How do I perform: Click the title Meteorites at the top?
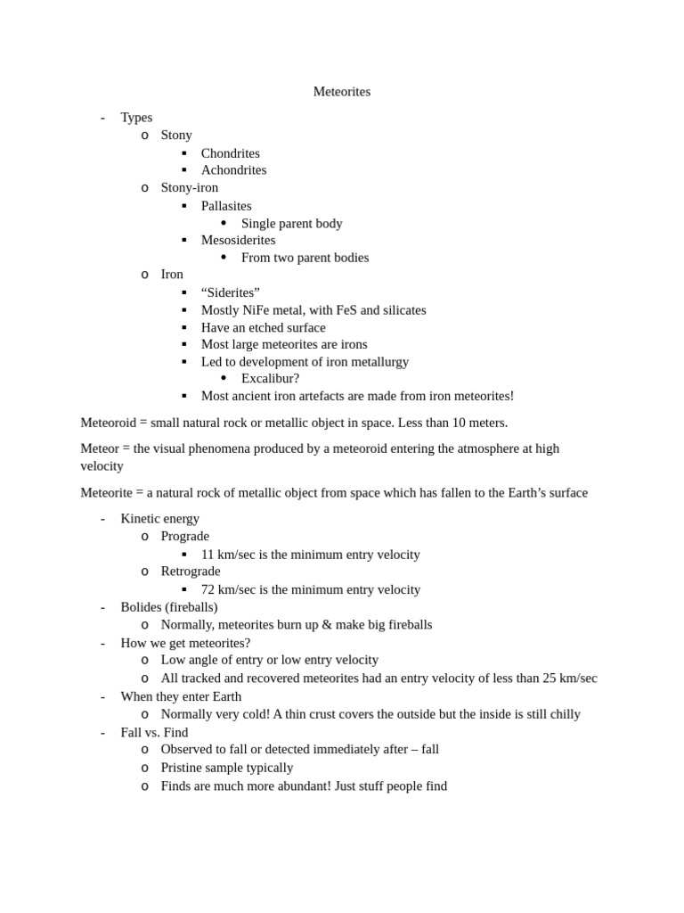(342, 92)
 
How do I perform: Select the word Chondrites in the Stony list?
(231, 153)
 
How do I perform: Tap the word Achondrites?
(233, 170)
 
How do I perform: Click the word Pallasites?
(226, 206)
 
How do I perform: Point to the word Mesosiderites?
(238, 240)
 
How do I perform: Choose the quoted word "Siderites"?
(231, 292)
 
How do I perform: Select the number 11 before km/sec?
(208, 555)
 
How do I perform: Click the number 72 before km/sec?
(208, 589)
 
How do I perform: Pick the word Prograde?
(185, 537)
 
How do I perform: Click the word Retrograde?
(191, 572)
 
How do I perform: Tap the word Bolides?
(141, 607)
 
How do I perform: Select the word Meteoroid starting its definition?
(108, 423)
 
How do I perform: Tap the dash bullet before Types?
(102, 118)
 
